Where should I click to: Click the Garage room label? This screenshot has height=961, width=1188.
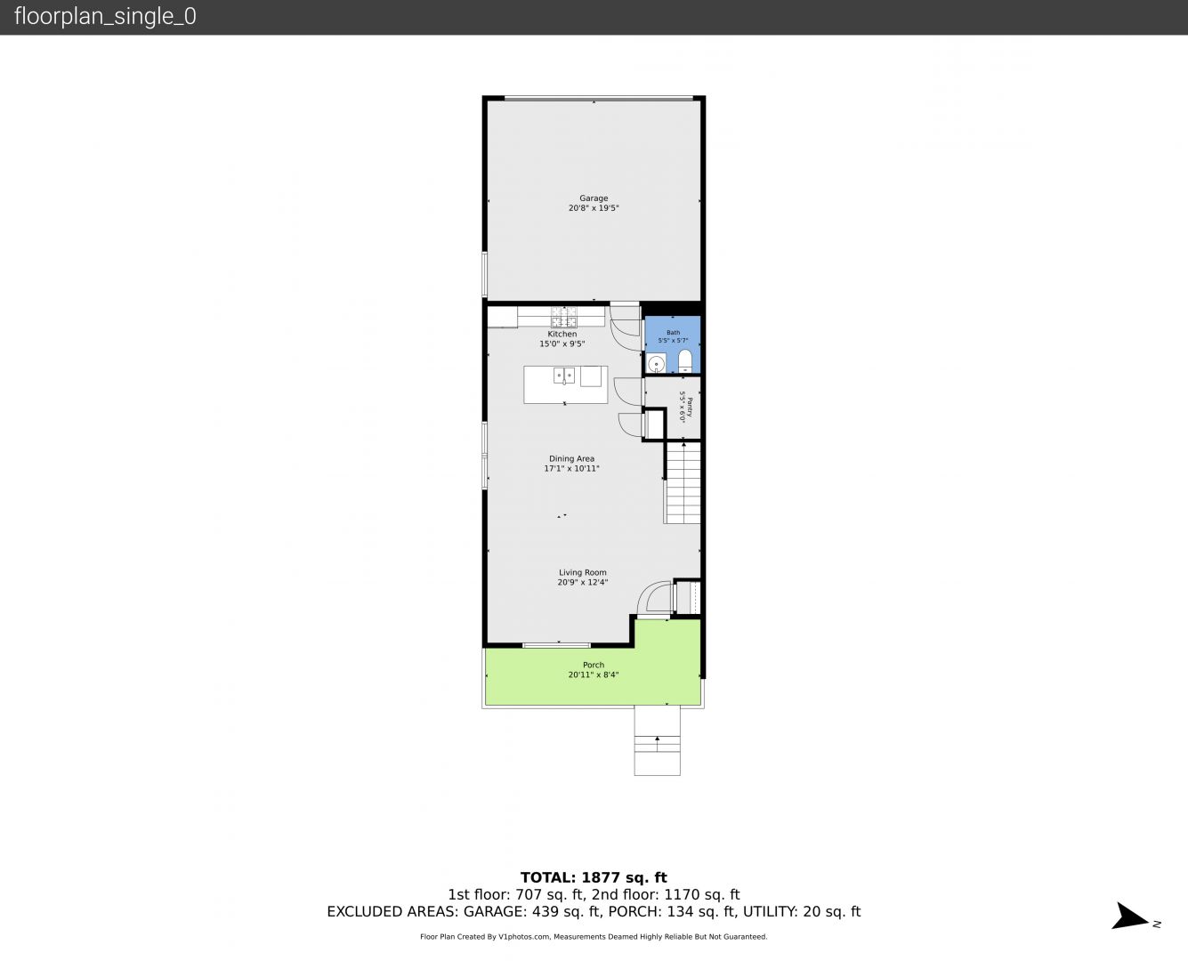click(x=594, y=198)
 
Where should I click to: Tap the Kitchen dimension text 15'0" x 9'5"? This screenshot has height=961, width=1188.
click(x=562, y=343)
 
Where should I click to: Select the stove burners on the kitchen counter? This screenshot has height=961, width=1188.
click(x=564, y=317)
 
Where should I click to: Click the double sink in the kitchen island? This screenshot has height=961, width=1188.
click(x=564, y=376)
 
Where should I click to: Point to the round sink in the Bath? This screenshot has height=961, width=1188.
click(x=657, y=364)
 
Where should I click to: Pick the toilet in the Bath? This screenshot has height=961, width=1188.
click(x=685, y=361)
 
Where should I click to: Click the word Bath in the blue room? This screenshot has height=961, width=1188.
click(x=673, y=333)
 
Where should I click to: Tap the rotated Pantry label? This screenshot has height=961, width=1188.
click(x=690, y=408)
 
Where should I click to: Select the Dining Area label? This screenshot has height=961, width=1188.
click(x=571, y=458)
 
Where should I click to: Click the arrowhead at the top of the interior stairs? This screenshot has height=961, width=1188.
click(x=683, y=445)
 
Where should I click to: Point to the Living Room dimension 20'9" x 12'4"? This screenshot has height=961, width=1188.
click(x=582, y=582)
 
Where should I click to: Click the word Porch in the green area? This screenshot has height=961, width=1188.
click(x=594, y=665)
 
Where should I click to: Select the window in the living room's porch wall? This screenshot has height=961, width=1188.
click(x=556, y=645)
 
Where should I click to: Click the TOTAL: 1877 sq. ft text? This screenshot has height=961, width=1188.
click(x=594, y=878)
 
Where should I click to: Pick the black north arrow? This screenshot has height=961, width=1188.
click(x=1129, y=917)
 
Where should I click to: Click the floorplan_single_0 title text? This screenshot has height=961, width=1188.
click(x=105, y=16)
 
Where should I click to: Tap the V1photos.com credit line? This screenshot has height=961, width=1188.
click(x=594, y=937)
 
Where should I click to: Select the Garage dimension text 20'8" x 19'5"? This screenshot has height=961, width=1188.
click(x=594, y=208)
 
